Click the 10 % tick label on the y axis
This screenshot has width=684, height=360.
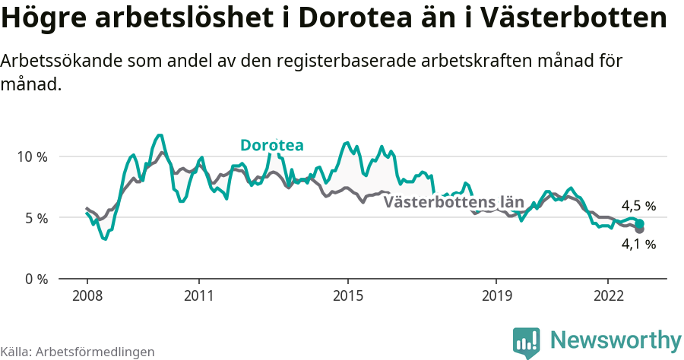coord(31,156)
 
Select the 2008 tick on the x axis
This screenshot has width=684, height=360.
coord(87,295)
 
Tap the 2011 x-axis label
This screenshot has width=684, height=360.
coord(198,295)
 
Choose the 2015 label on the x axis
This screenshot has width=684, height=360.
coord(347,295)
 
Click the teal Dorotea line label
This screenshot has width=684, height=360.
coord(271,145)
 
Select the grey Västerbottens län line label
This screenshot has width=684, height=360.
coord(454,202)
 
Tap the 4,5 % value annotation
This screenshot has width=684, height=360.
coord(638,206)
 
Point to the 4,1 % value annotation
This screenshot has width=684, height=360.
coord(638,244)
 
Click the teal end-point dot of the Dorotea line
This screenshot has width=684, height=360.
coord(640,223)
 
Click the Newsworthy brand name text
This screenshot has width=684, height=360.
coord(616,339)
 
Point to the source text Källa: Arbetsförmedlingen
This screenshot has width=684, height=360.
coord(78,352)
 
